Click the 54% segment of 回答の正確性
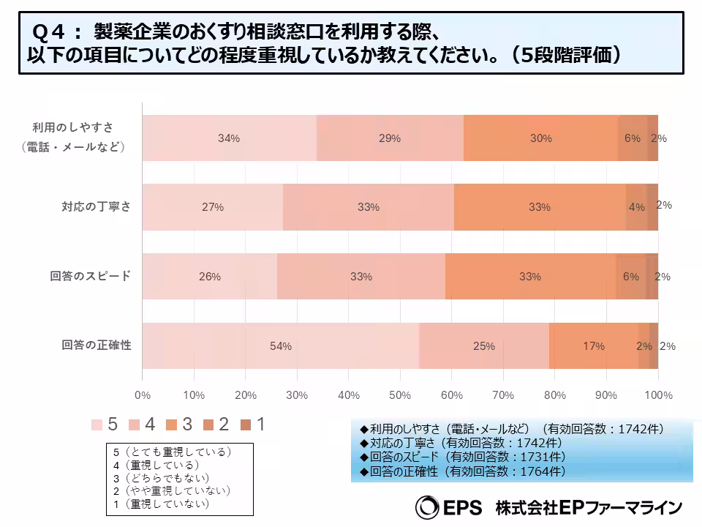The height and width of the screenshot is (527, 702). point(281,345)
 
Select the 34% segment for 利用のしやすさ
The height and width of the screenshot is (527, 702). point(229,138)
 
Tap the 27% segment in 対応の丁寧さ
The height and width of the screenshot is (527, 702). point(213,207)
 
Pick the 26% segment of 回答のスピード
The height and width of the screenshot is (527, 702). point(210,277)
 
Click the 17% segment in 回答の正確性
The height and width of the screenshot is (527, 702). point(593,345)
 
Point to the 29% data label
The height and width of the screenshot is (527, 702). point(390,138)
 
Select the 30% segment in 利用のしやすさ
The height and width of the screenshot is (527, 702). point(541,138)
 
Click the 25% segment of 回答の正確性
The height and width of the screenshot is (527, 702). point(484,345)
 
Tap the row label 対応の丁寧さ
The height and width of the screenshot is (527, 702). point(96,206)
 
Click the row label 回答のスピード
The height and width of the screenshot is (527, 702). point(91,276)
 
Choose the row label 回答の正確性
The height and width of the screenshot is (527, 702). point(91,345)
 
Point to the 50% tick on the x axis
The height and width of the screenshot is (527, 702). point(400,395)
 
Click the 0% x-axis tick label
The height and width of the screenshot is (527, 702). point(143,395)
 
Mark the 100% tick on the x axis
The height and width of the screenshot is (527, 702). point(657,395)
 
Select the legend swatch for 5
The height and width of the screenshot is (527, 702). point(97,425)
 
